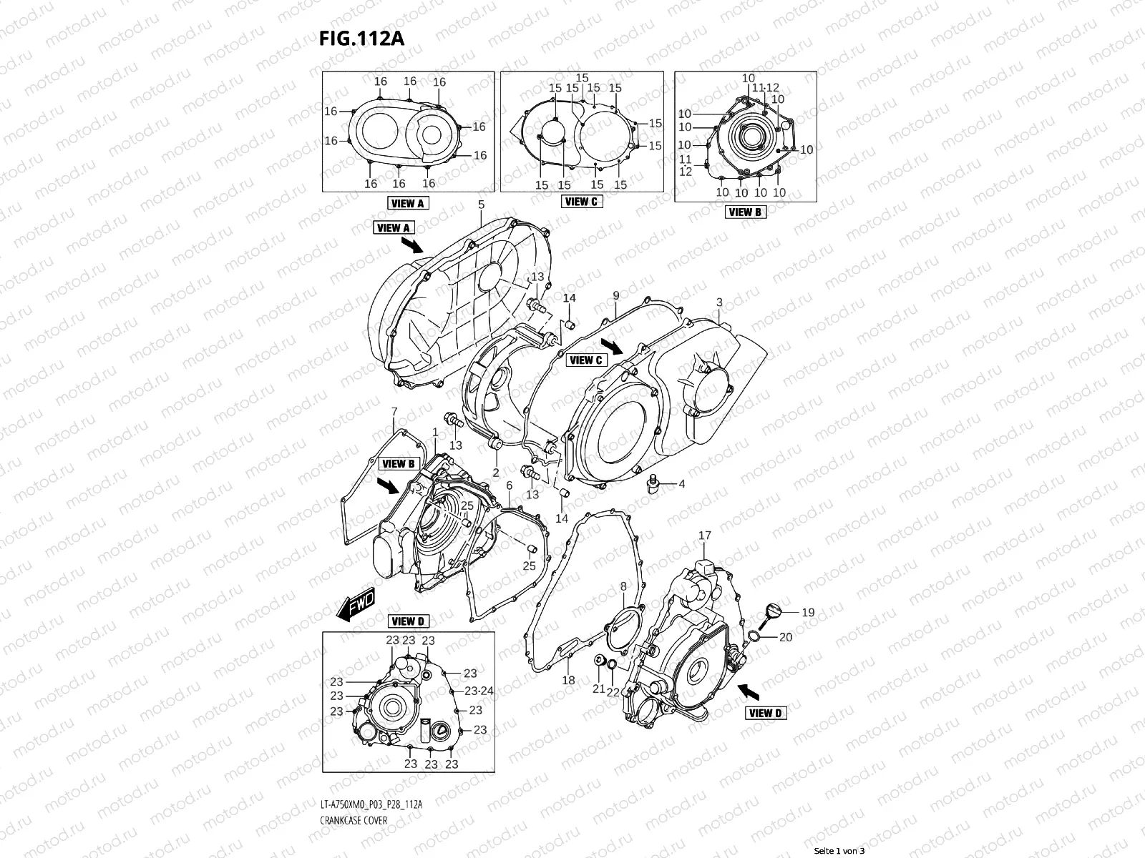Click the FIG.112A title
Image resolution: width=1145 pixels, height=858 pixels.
361,39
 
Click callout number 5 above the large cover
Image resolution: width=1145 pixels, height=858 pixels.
481,204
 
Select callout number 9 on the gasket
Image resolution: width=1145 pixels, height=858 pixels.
616,295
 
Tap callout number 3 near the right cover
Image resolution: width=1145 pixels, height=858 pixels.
719,302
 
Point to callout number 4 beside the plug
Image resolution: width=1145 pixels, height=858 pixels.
681,484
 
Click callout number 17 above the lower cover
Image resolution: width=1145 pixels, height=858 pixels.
705,536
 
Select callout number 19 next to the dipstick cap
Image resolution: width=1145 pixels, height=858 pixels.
807,612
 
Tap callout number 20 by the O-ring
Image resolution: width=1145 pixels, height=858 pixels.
785,637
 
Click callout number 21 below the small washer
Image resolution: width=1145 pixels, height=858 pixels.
598,689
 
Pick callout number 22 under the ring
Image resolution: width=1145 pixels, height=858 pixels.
613,691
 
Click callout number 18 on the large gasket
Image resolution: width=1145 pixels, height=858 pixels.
568,680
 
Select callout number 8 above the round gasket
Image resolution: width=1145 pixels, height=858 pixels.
623,586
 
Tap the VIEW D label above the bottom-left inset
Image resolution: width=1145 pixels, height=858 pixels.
408,621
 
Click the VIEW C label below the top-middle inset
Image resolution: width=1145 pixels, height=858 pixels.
581,202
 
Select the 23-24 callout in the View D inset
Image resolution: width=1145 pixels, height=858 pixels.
479,691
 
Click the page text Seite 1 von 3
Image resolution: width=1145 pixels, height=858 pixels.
839,851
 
